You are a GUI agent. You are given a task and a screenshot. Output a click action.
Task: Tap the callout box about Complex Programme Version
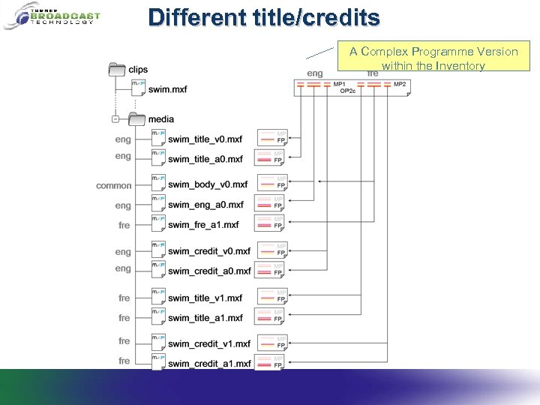433,58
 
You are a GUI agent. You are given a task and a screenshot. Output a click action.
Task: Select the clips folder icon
117,69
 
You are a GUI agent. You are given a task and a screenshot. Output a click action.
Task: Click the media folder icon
136,118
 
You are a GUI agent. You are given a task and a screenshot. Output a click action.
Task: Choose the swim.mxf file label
167,89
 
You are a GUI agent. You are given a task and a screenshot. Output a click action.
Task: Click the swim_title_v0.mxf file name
205,139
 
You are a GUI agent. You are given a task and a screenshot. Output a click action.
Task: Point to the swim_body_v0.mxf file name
207,184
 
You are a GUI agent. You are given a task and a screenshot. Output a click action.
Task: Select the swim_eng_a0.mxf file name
205,204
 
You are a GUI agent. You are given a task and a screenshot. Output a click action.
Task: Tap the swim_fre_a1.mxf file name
203,224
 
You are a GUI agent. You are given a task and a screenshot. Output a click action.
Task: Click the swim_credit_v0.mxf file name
209,251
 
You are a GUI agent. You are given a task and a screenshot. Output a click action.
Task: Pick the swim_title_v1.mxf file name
205,298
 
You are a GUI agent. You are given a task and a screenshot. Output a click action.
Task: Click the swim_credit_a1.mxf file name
209,363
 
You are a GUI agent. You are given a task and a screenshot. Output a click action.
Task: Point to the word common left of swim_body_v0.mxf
113,185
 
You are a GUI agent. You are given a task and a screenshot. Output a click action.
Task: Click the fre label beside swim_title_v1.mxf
124,298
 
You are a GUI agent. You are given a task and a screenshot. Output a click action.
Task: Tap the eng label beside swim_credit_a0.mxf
123,268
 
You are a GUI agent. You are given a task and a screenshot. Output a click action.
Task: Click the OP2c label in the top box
347,91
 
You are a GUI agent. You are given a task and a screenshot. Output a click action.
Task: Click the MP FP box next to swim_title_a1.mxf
271,316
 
